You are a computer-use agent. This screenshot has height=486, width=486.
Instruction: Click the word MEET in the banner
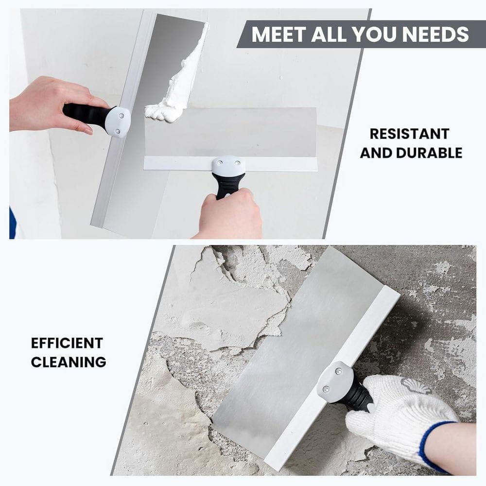(x=279, y=34)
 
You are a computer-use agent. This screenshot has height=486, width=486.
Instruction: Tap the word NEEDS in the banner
(x=435, y=34)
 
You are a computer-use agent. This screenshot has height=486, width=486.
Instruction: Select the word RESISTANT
(x=409, y=134)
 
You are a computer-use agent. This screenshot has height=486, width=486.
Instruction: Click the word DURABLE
(x=429, y=153)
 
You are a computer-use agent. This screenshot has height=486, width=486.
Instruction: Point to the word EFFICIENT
(x=67, y=343)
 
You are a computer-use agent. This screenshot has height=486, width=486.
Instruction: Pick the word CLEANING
(x=69, y=362)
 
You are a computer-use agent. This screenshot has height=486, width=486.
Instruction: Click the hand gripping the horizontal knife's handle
(x=229, y=214)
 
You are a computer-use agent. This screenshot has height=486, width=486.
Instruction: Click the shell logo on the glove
(x=417, y=385)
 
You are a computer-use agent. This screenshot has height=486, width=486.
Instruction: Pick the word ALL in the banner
(x=329, y=34)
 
